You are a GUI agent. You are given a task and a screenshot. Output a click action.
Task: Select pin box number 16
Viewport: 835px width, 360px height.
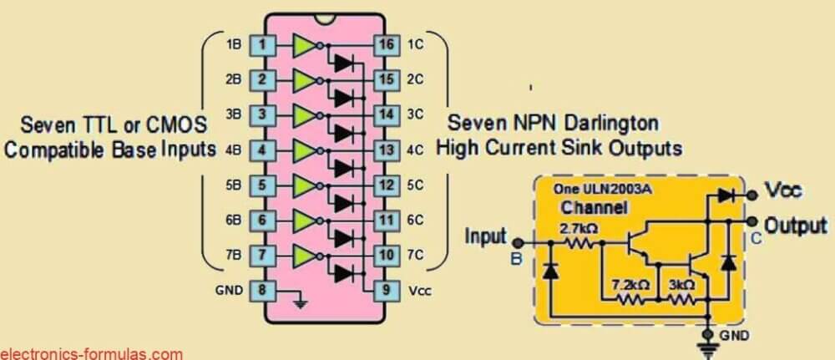(x=385, y=44)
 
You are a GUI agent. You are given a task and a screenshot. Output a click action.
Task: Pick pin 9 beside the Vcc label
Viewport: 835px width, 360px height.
(x=385, y=291)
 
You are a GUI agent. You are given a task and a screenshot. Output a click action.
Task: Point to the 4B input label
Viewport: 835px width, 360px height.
(x=234, y=150)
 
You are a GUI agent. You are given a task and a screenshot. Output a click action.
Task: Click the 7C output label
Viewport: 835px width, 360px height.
(x=416, y=256)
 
